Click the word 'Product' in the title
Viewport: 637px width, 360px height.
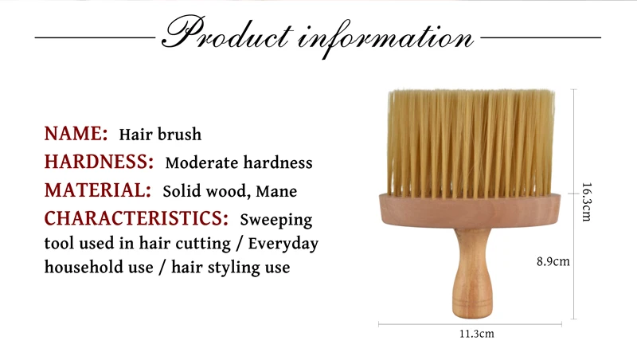pos(228,33)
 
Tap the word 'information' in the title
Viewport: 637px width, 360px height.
pos(386,37)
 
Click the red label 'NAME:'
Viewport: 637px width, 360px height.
pos(76,134)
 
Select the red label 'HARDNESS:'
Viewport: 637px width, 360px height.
pos(99,162)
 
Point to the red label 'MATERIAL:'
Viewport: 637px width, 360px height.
pos(97,190)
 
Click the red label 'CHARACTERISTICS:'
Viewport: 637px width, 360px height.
pos(136,218)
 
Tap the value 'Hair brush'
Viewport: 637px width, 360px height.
pos(160,135)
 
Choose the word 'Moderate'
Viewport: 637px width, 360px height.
pos(202,163)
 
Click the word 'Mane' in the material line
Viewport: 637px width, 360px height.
pos(276,191)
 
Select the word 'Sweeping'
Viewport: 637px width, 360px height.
pos(276,221)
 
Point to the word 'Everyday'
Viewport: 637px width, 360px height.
pos(283,245)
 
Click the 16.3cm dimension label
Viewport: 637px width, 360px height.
pos(587,202)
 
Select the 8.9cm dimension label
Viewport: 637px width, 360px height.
pos(553,261)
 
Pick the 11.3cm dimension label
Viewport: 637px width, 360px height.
pos(477,334)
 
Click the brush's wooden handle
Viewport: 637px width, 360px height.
pos(471,272)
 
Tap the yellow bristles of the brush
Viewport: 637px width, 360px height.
pos(471,143)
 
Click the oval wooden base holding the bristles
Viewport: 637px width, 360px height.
pos(470,210)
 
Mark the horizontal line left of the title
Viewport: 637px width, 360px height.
pos(95,37)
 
